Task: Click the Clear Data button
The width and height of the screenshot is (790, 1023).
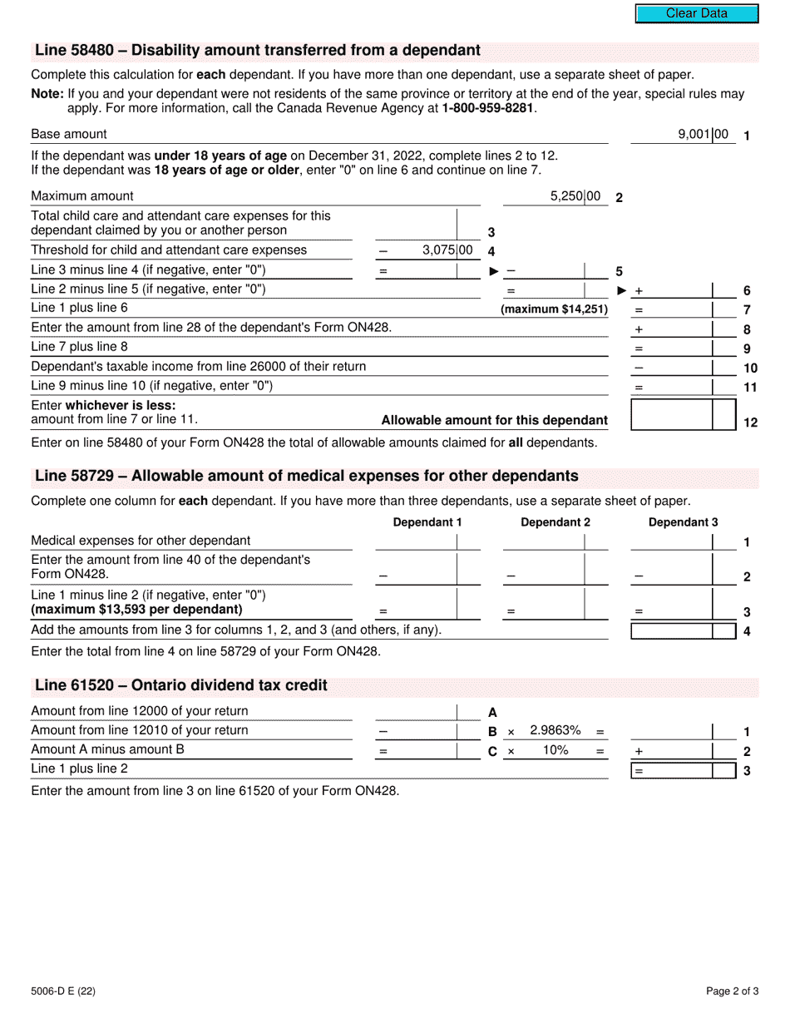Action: pos(697,13)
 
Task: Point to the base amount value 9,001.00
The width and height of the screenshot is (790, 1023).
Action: pos(703,134)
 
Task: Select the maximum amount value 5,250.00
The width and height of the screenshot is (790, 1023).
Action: pos(575,196)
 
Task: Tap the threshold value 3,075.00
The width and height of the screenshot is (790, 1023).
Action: pos(447,250)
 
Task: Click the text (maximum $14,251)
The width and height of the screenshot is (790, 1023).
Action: pos(554,309)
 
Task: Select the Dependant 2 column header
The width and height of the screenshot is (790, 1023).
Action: pos(555,522)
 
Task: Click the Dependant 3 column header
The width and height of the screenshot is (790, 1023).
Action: pos(683,522)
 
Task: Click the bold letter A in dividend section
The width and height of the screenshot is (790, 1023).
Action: pos(492,712)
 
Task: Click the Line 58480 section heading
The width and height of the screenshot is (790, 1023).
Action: pos(258,51)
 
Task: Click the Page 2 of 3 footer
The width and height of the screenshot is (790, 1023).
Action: pos(732,991)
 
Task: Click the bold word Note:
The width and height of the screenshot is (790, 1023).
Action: pos(47,94)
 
